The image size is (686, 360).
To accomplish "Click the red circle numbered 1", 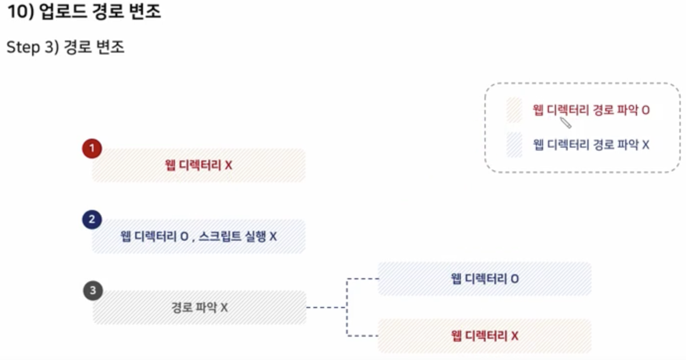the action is tap(92, 148).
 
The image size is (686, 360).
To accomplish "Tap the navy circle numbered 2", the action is tap(92, 220).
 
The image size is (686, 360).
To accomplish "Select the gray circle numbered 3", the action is tap(93, 291).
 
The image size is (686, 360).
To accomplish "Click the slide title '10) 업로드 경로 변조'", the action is tap(84, 12).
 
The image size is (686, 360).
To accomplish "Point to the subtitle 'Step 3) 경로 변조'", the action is tap(65, 48).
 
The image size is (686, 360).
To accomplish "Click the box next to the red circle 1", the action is tap(198, 165).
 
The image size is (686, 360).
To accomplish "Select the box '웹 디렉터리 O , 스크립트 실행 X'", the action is tap(198, 237).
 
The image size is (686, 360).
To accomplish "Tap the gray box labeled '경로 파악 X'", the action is tap(199, 308).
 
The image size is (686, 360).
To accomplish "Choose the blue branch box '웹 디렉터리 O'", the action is tap(485, 279).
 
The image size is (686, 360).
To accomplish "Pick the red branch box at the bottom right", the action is tap(485, 336).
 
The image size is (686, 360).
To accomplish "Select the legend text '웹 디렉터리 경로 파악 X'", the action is tap(591, 145).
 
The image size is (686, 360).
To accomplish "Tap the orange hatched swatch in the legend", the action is tap(515, 110).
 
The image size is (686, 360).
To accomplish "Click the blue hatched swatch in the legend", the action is tap(515, 145).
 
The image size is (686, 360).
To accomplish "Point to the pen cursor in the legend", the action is tap(565, 123).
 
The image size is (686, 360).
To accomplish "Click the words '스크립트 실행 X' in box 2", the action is tap(238, 237).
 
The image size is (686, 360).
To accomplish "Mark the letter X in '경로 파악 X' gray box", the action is tap(224, 308).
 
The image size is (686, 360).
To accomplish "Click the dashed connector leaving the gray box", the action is tap(326, 308).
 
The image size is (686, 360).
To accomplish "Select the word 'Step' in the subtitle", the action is tap(23, 48).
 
